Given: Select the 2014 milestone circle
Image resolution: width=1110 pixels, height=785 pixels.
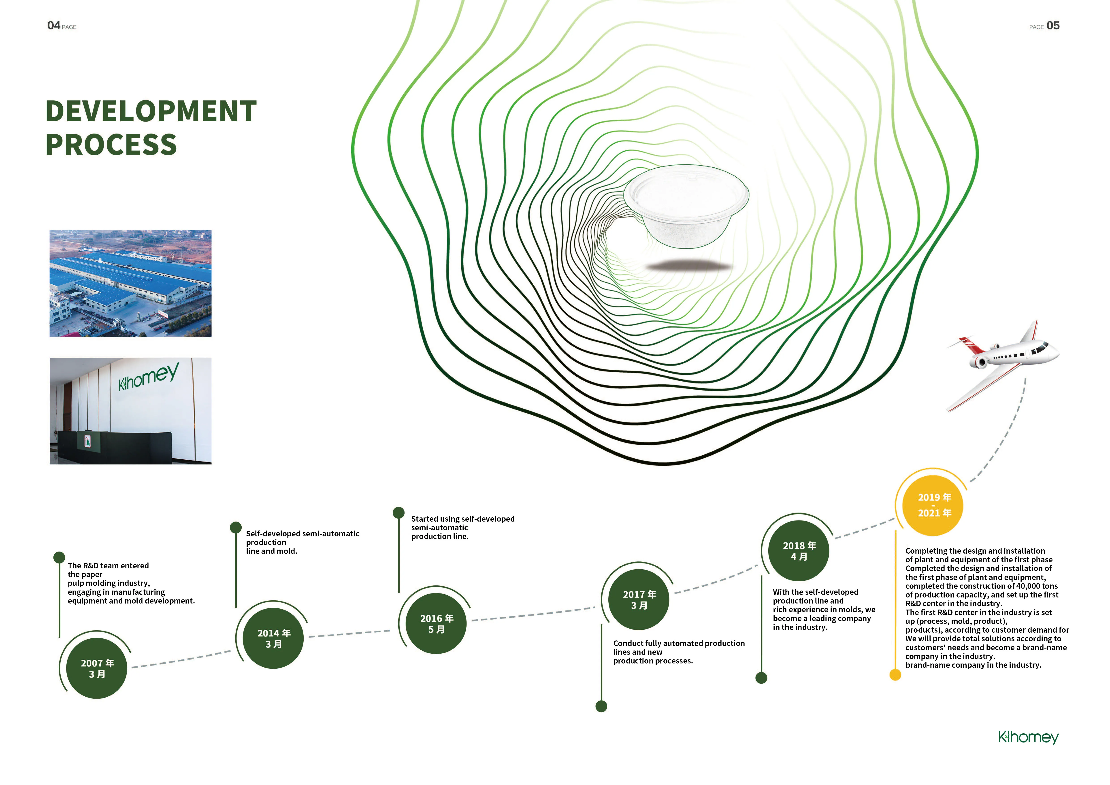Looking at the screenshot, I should pyautogui.click(x=274, y=638).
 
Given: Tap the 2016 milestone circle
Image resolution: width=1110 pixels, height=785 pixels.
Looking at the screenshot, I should pyautogui.click(x=437, y=624).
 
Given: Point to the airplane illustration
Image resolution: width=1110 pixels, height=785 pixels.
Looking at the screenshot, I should pyautogui.click(x=1001, y=363).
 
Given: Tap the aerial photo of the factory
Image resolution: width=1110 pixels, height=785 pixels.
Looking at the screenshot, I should pyautogui.click(x=130, y=283).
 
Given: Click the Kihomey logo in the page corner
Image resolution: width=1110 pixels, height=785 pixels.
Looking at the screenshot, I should pyautogui.click(x=1028, y=737).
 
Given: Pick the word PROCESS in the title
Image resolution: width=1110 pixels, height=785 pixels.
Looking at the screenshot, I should pyautogui.click(x=111, y=145).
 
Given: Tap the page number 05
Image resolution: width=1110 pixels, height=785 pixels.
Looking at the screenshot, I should pyautogui.click(x=1053, y=26).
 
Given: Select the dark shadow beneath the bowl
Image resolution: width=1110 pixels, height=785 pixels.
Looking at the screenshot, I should pyautogui.click(x=689, y=265).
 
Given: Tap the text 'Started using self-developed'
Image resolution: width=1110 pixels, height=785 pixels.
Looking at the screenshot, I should pyautogui.click(x=463, y=519).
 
